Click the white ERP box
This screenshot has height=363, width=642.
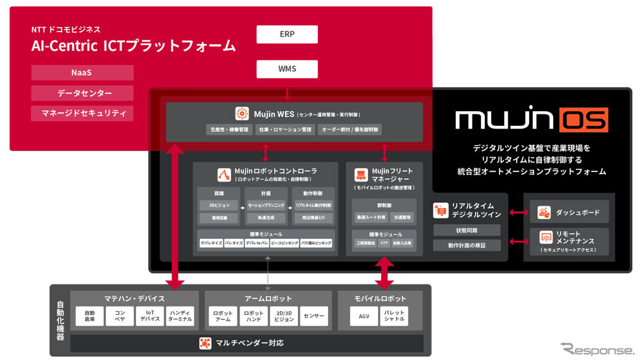point(287,34)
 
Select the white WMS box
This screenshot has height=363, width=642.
point(287,68)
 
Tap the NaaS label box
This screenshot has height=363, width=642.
point(82,73)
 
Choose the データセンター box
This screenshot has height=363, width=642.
point(82,93)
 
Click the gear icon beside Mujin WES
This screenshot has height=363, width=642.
point(242,114)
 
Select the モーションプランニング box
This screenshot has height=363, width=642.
point(266,205)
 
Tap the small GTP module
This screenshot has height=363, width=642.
point(384,243)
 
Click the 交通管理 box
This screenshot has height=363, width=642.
point(401,217)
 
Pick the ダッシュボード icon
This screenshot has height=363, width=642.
point(544,211)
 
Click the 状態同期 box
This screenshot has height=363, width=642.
point(467,230)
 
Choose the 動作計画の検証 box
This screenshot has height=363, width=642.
point(467,245)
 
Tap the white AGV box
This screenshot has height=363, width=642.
point(363,316)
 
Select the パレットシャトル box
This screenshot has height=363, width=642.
point(394,316)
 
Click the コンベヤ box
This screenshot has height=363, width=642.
point(120,316)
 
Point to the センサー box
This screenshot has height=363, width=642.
point(313,316)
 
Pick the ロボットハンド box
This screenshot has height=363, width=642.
point(253,316)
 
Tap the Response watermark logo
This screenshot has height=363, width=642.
point(596,350)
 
